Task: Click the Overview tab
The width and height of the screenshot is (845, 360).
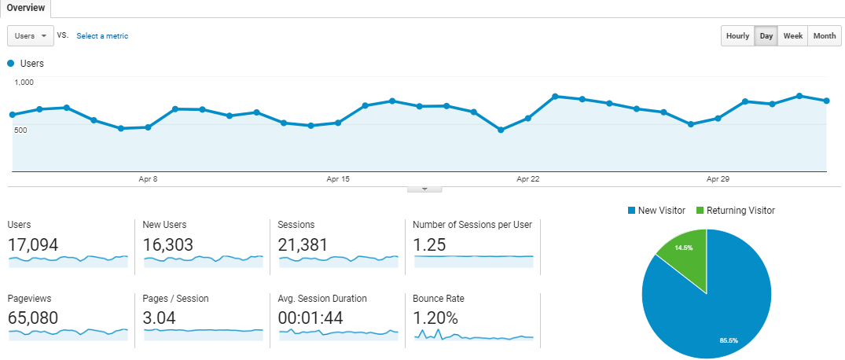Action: tap(25, 8)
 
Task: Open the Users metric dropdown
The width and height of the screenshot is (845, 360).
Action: tap(31, 35)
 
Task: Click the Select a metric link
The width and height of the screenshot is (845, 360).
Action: tap(102, 36)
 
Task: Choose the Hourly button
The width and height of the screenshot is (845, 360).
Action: tap(737, 36)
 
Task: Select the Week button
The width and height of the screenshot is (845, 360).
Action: tap(792, 36)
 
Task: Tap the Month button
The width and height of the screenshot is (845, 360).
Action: tap(824, 36)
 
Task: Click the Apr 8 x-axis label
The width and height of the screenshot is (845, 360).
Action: tap(148, 179)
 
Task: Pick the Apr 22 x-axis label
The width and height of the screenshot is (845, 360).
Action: tap(527, 179)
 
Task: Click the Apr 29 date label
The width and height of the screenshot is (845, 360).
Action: tap(718, 179)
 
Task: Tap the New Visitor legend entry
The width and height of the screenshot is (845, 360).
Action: tap(657, 211)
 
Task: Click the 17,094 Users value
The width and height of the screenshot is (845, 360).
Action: tap(33, 245)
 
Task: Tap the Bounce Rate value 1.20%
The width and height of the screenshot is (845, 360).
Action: tap(435, 318)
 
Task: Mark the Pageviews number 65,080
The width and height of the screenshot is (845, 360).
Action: tap(33, 318)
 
